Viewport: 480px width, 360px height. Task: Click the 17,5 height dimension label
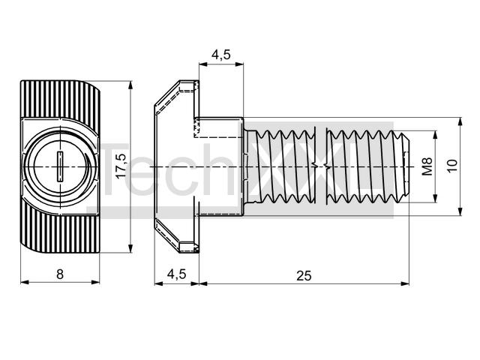pyautogui.click(x=121, y=166)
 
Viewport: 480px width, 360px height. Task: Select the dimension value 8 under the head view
pyautogui.click(x=60, y=274)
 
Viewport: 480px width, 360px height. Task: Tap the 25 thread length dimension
pyautogui.click(x=304, y=276)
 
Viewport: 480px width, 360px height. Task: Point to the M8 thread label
pyautogui.click(x=427, y=166)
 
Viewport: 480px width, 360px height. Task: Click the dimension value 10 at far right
pyautogui.click(x=452, y=166)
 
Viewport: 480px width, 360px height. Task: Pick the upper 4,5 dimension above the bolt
pyautogui.click(x=220, y=55)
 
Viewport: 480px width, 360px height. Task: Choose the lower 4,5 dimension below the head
pyautogui.click(x=176, y=274)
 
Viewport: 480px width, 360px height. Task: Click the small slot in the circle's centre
pyautogui.click(x=60, y=166)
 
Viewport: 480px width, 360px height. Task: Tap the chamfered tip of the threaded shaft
pyautogui.click(x=405, y=166)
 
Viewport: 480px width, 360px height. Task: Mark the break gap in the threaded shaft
pyautogui.click(x=321, y=166)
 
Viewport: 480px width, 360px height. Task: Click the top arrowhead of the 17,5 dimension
pyautogui.click(x=130, y=85)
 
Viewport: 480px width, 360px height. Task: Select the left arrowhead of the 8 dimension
pyautogui.click(x=25, y=282)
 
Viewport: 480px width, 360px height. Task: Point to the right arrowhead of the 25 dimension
pyautogui.click(x=405, y=283)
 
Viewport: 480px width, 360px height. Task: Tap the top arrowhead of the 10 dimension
pyautogui.click(x=460, y=121)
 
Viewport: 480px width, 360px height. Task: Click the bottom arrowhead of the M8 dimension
pyautogui.click(x=435, y=198)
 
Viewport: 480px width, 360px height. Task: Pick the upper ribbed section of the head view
pyautogui.click(x=60, y=98)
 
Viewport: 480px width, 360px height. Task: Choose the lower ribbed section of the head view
pyautogui.click(x=61, y=235)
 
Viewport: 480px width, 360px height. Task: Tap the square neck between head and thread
pyautogui.click(x=220, y=166)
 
